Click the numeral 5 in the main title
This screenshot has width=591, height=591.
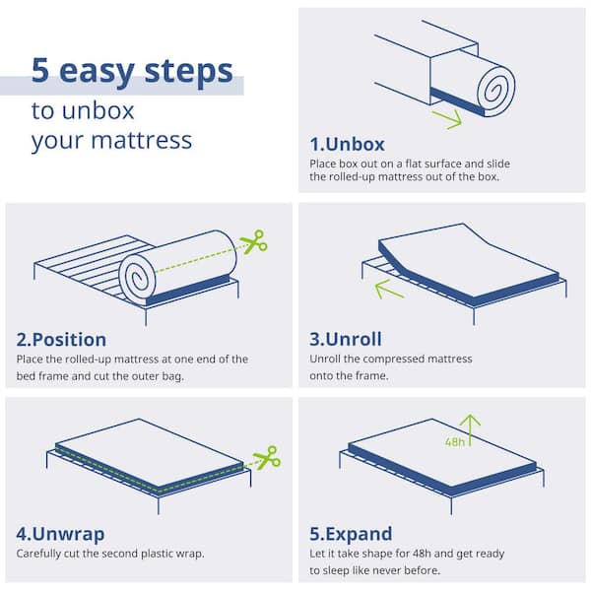(40, 71)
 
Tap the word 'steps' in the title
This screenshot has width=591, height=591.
(189, 72)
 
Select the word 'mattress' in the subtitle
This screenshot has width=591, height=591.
(142, 140)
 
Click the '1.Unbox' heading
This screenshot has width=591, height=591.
(347, 145)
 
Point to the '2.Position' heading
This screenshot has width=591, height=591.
(61, 340)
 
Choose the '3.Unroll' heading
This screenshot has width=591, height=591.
(346, 339)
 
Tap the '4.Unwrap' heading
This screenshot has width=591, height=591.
(60, 534)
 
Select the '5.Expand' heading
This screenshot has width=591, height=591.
(351, 534)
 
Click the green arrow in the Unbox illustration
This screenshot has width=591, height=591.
(448, 119)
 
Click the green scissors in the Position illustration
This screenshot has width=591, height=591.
(254, 241)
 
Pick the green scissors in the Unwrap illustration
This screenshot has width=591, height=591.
(267, 458)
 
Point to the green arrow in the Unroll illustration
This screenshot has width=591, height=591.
(389, 289)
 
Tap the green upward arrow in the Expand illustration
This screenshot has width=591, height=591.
(470, 430)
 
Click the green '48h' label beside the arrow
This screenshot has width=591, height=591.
(455, 441)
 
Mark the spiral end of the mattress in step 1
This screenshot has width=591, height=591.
(495, 91)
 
